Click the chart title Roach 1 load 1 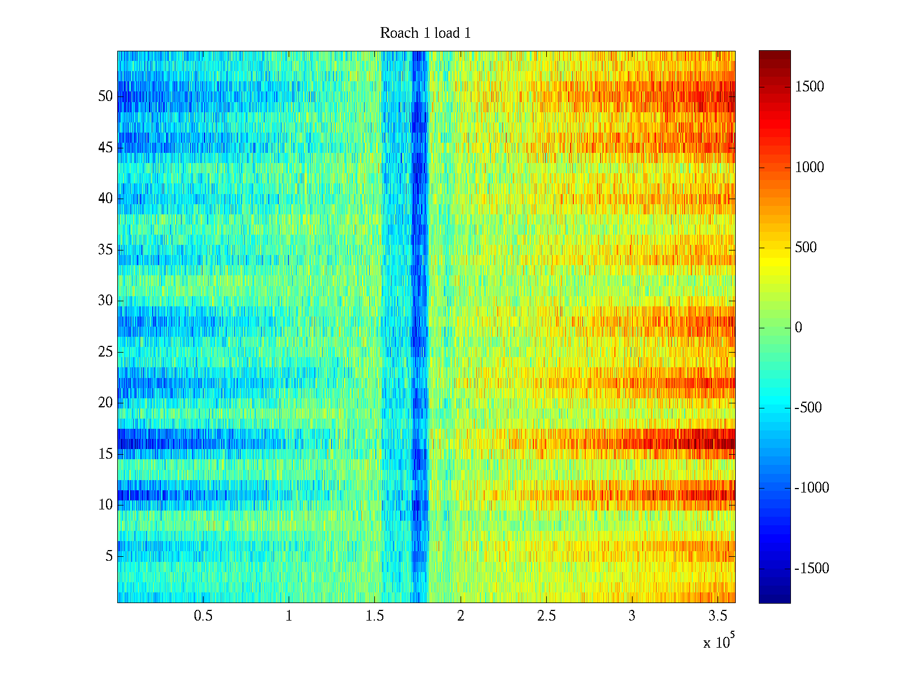point(425,33)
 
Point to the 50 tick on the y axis point(105,96)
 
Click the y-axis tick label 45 point(105,148)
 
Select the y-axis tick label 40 point(105,199)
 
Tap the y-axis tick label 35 point(105,250)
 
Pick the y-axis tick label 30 point(105,301)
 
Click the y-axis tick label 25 point(105,352)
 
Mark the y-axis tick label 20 point(105,403)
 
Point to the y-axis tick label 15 point(105,454)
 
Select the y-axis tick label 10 point(105,505)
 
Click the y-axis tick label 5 point(109,556)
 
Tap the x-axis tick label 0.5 point(203,616)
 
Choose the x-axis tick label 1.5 point(375,616)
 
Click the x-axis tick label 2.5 point(546,616)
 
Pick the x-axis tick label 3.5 point(718,616)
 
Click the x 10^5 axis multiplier point(719,641)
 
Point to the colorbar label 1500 point(810,87)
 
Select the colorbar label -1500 point(812,569)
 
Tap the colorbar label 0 point(798,328)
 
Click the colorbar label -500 point(808,408)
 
